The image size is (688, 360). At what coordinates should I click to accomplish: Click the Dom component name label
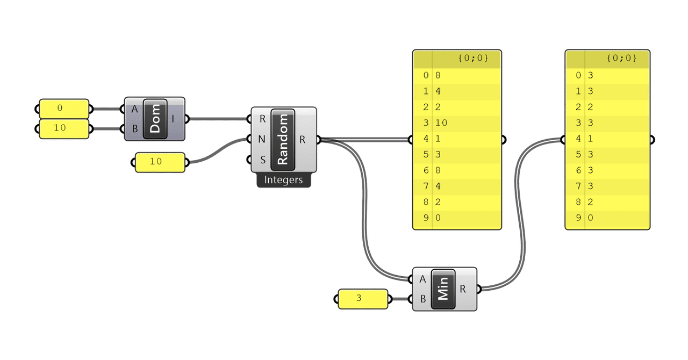coord(155,119)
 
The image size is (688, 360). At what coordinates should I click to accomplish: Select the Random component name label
coord(283,140)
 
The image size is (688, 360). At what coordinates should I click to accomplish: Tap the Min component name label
coord(443,289)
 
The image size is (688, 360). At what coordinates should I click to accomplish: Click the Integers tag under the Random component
coord(283,179)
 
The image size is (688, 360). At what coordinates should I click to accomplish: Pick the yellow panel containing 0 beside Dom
coord(64,109)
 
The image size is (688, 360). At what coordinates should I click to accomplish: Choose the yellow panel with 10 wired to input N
coord(160,162)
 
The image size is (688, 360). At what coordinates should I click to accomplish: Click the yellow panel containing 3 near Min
coord(363,299)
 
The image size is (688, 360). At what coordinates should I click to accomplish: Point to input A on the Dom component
coord(134,109)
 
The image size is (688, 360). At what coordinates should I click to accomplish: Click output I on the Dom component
coord(173,119)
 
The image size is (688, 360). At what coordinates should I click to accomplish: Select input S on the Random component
coord(263,160)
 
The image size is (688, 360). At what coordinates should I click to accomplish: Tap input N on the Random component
coord(262,140)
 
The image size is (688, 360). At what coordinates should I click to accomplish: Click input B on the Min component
coord(423,299)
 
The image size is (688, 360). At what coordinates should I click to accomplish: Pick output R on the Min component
coord(463,289)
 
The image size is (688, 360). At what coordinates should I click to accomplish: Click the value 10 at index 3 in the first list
coord(441,123)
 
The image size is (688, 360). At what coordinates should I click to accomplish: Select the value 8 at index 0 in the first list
coord(438,75)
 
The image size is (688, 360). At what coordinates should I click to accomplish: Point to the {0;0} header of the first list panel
coord(473,58)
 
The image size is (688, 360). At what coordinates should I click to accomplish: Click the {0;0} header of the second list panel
coord(622,58)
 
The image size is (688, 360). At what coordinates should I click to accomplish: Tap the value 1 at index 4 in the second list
coord(590,139)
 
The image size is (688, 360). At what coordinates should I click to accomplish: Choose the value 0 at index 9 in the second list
coord(590,218)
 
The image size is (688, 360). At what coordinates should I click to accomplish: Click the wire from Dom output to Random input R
coord(219,119)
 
